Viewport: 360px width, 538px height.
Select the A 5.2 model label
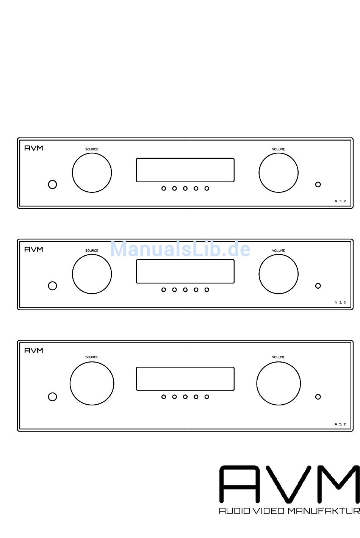(340, 424)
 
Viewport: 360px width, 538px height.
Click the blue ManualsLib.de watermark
(180, 249)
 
